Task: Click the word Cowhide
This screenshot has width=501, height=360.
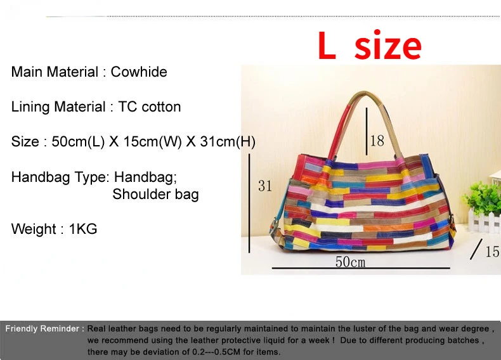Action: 139,72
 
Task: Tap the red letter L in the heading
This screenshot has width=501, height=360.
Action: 327,46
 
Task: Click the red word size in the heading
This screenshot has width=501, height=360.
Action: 388,45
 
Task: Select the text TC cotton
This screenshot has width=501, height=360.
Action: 150,106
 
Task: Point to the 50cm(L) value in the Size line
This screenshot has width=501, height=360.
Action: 78,141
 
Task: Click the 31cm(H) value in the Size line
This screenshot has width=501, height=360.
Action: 228,141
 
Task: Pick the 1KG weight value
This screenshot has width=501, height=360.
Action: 83,229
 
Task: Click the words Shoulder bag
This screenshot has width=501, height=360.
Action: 155,194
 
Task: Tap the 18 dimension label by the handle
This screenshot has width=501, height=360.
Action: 377,141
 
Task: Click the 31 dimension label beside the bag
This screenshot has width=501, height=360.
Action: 265,186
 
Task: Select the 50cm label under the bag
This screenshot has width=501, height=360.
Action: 350,262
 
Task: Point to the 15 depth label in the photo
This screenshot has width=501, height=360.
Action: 493,252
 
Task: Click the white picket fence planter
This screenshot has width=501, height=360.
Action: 485,219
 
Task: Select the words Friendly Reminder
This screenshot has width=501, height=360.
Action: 42,329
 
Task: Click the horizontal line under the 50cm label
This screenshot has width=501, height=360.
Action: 361,268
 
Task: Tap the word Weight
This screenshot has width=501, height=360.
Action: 34,229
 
